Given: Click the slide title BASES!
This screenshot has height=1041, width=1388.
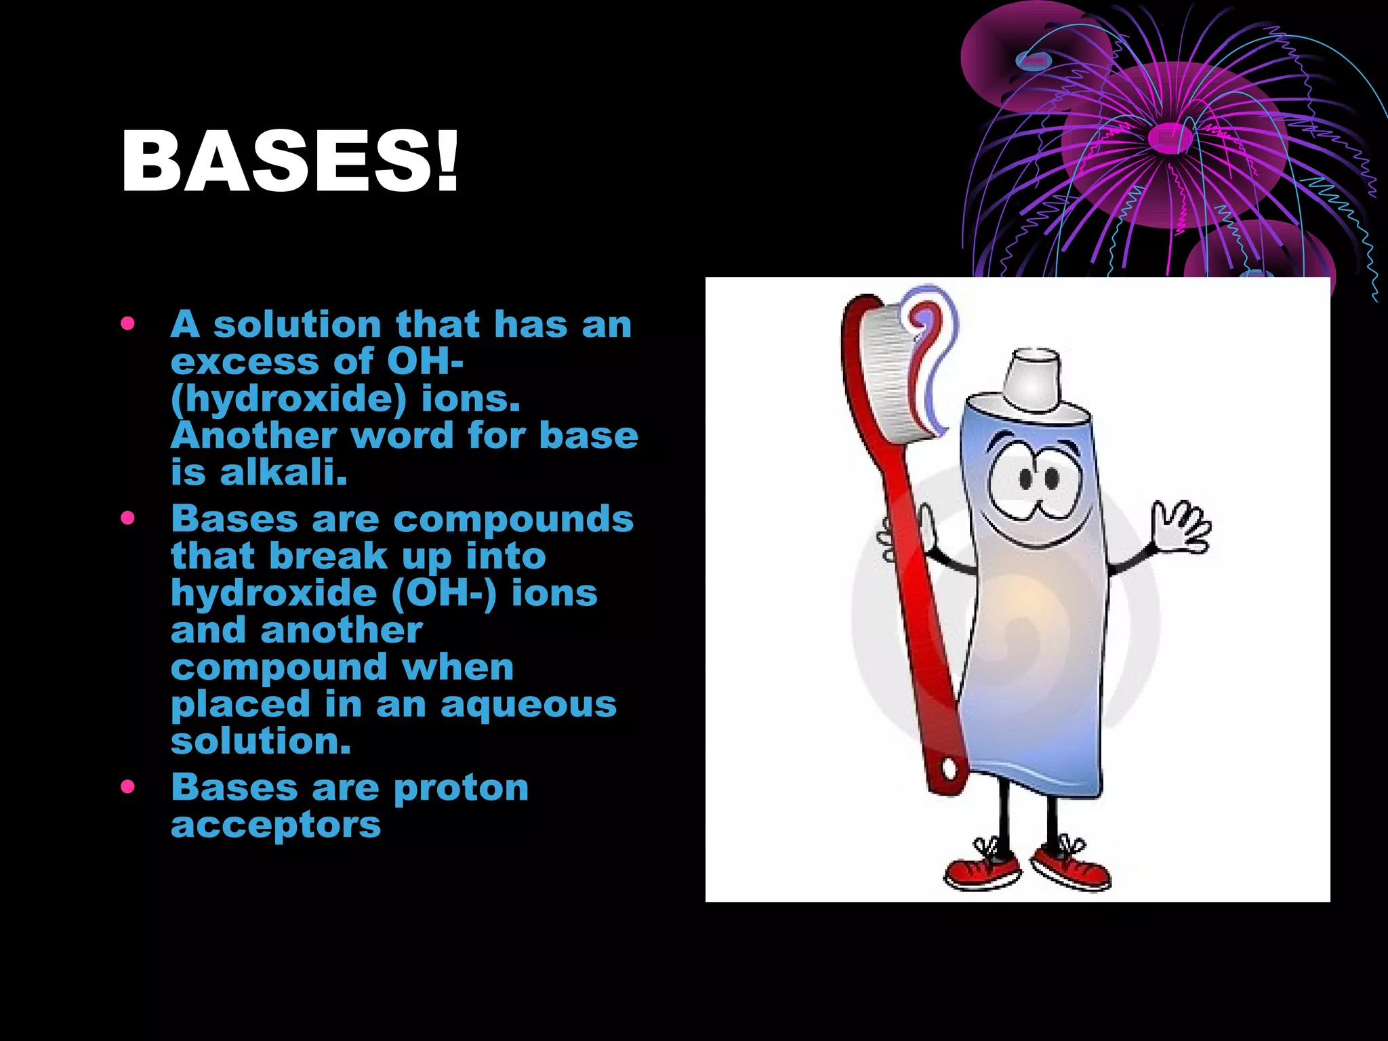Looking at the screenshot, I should pos(290,163).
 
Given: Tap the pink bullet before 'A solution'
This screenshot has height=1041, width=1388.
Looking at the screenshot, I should pos(127,324).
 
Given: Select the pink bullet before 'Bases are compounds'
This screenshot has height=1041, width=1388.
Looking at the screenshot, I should pos(127,518).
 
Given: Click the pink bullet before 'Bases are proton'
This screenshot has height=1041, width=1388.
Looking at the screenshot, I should pos(127,787).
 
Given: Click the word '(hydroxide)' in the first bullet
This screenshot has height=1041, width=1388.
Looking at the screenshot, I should pos(289,399).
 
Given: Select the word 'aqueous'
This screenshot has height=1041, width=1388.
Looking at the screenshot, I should pos(529,705).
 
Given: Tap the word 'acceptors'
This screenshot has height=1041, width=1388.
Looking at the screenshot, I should pos(276,825).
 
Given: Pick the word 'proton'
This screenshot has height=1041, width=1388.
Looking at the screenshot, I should pos(461,788).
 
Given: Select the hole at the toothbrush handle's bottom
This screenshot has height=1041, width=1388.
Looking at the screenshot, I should pos(950,769).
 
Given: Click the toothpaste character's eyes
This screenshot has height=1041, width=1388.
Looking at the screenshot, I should pos(1038,478).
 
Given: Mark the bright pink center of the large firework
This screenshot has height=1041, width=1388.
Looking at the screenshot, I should pos(1170,138).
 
